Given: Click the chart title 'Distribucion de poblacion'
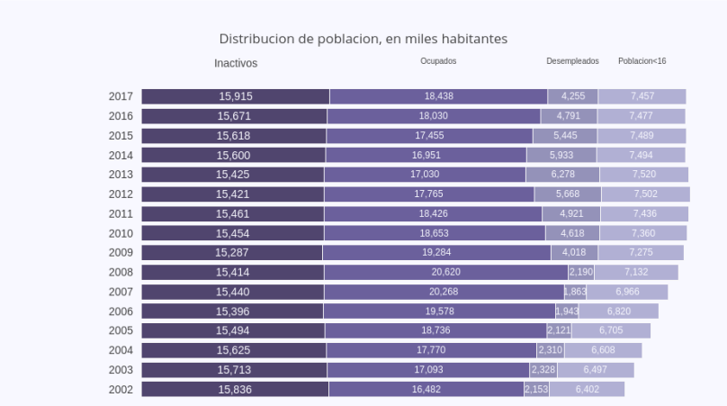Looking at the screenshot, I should (x=363, y=40).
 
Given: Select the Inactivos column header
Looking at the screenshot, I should (x=236, y=63).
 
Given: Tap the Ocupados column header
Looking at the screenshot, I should (x=438, y=61).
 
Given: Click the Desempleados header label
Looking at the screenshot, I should (x=572, y=61).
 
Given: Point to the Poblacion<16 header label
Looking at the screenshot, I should (x=642, y=61).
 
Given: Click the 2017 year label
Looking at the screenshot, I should (x=121, y=96).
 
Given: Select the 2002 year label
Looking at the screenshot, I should (x=121, y=390).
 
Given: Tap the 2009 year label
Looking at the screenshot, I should (x=121, y=253).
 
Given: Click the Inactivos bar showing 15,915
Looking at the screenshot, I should (x=235, y=96).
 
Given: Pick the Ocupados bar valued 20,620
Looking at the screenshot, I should (x=445, y=272).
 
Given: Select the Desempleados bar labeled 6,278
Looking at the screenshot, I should (x=563, y=175).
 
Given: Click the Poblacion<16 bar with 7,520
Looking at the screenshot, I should (x=644, y=175).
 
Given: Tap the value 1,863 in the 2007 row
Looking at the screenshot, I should (x=575, y=292).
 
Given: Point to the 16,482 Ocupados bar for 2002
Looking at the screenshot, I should (x=426, y=390).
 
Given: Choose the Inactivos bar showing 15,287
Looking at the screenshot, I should (x=232, y=253).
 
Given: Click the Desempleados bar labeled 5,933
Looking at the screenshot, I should (x=561, y=155).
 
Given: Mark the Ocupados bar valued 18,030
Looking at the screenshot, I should (x=434, y=116).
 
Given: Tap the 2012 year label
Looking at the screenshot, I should (x=121, y=194).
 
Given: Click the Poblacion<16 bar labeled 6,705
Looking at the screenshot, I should (x=611, y=330).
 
